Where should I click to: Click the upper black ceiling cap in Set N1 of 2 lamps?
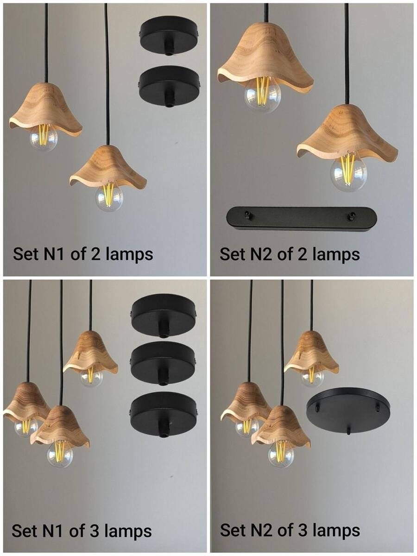[169, 36]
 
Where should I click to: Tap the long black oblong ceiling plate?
[301, 219]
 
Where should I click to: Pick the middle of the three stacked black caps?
[163, 362]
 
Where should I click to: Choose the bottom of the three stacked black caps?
[163, 413]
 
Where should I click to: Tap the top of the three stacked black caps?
[164, 314]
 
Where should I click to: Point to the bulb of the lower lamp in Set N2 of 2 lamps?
[348, 173]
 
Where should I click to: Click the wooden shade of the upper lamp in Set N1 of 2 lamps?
[45, 109]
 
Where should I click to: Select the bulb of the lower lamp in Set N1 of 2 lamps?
[109, 197]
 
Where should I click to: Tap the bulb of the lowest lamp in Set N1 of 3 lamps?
[60, 455]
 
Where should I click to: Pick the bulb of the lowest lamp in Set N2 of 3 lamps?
[281, 452]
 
